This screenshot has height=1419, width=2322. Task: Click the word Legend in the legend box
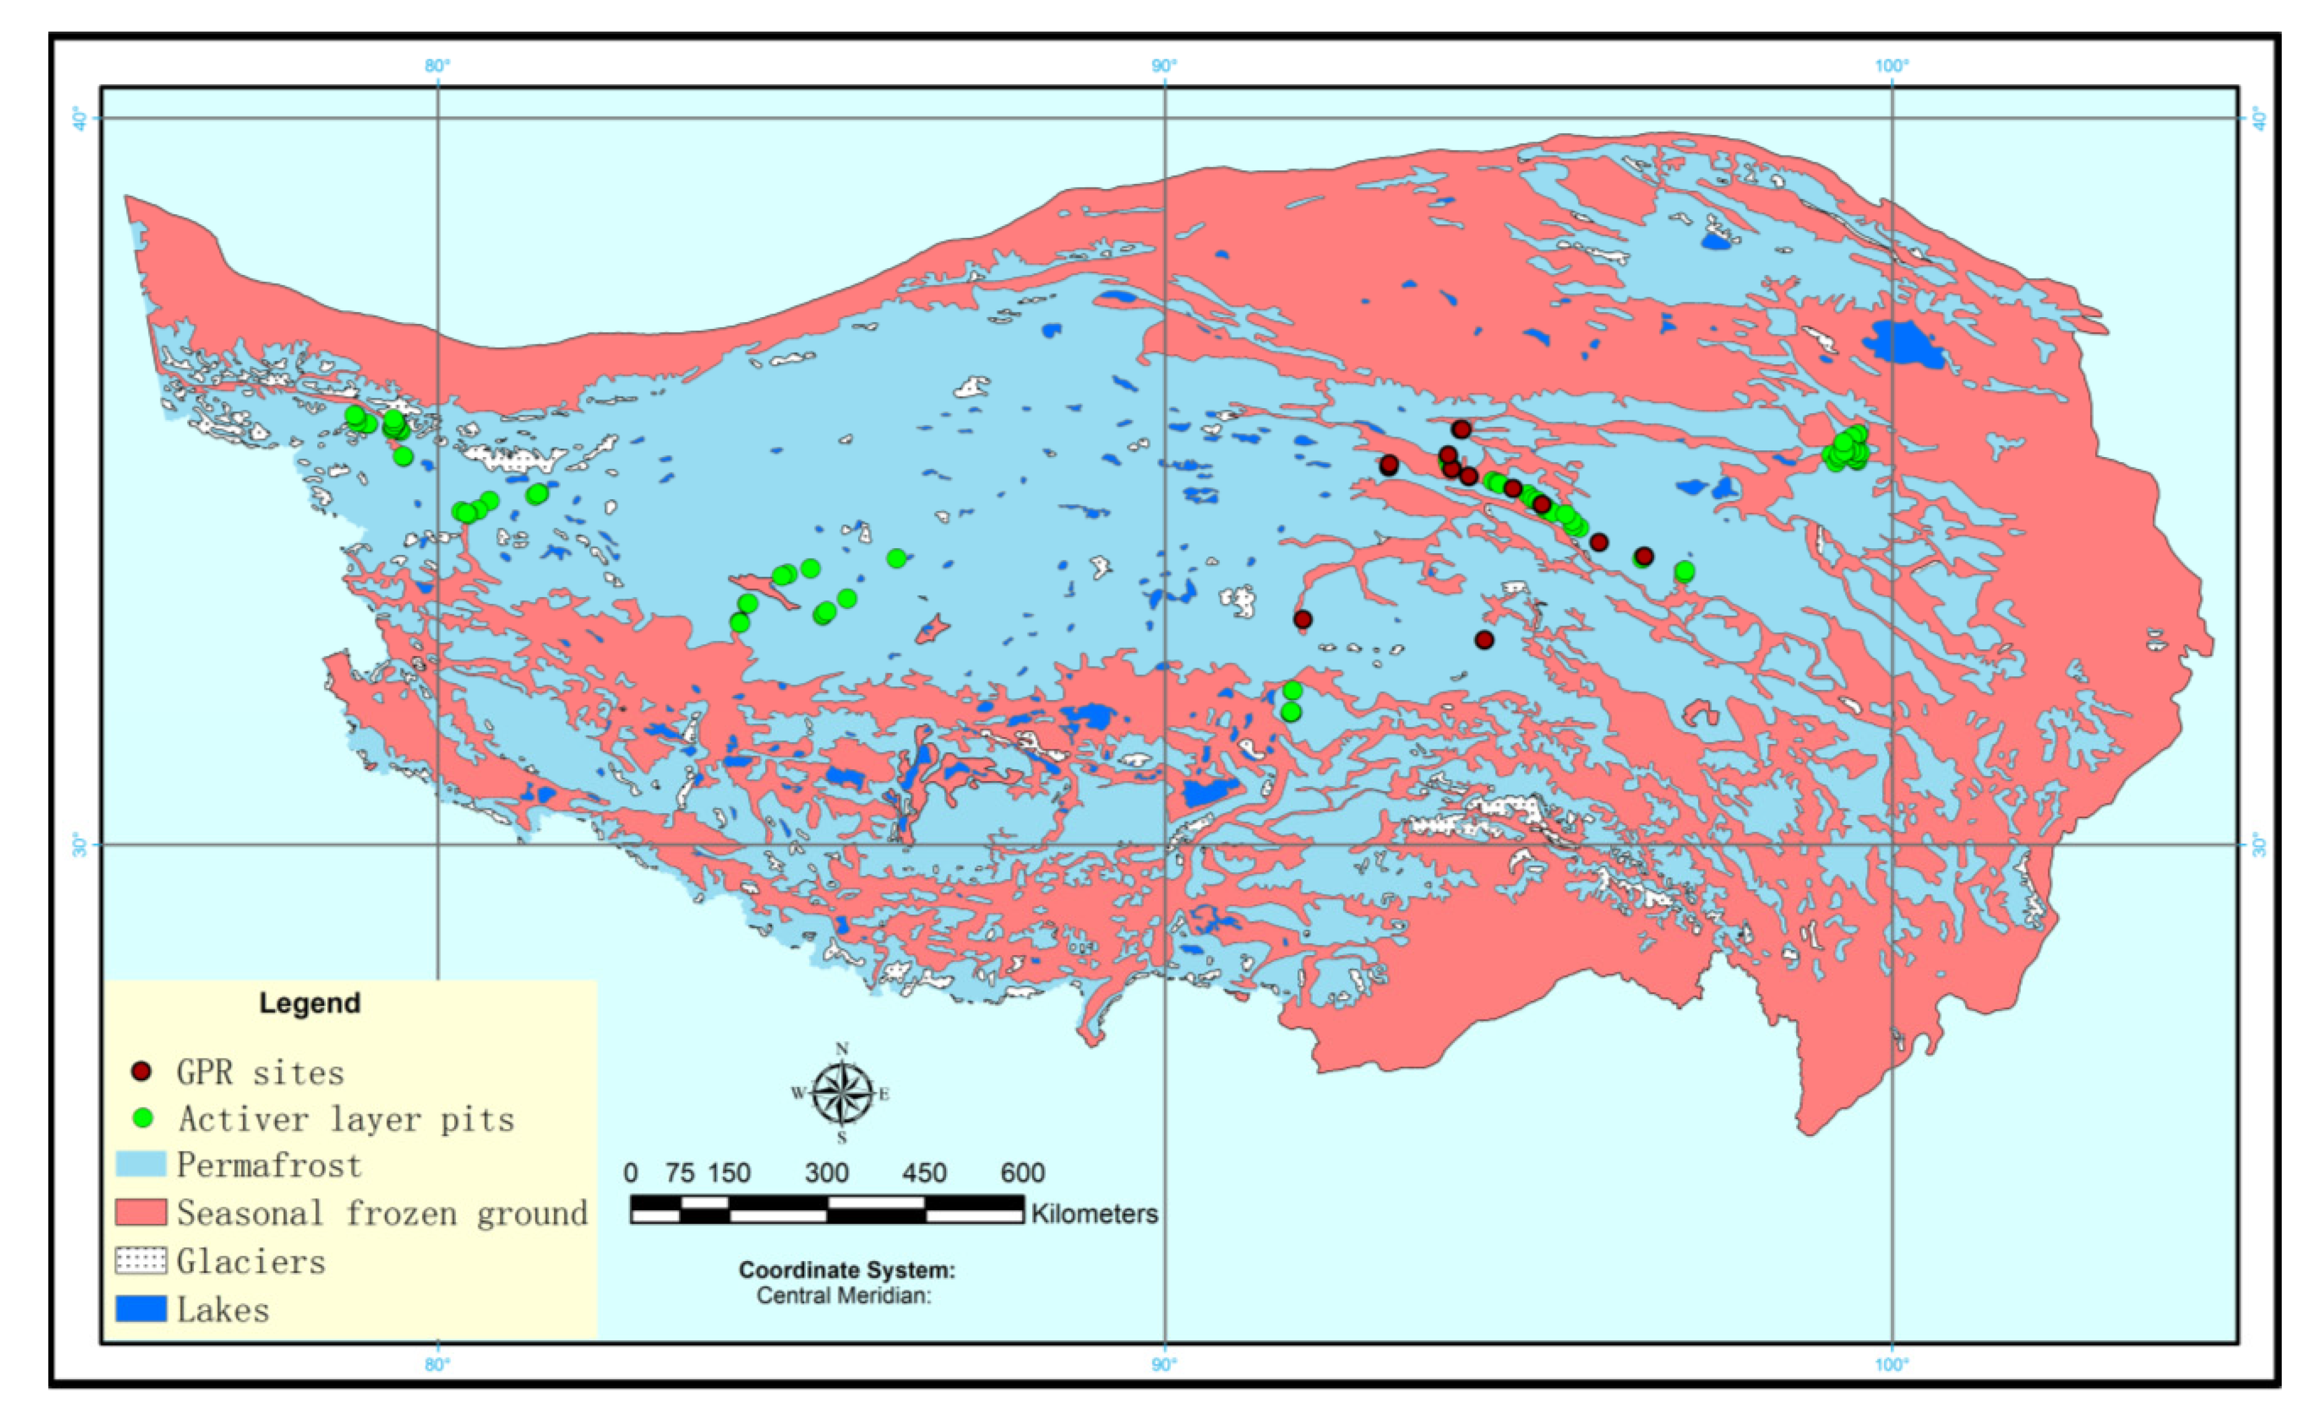pyautogui.click(x=309, y=1003)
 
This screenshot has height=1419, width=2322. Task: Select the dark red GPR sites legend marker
pyautogui.click(x=141, y=1072)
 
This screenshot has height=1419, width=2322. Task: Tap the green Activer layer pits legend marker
pyautogui.click(x=142, y=1119)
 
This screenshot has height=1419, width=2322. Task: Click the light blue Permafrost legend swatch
pyautogui.click(x=141, y=1164)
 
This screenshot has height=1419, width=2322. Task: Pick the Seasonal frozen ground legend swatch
pyautogui.click(x=141, y=1213)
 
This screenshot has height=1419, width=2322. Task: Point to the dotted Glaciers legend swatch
pyautogui.click(x=141, y=1260)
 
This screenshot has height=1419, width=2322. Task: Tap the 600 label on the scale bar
pyautogui.click(x=1022, y=1173)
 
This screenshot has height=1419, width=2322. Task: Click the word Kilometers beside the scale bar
pyautogui.click(x=1094, y=1213)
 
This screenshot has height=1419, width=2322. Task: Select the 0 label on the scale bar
pyautogui.click(x=631, y=1173)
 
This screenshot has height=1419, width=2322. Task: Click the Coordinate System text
pyautogui.click(x=846, y=1270)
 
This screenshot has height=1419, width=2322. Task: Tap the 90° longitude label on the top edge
pyautogui.click(x=1165, y=66)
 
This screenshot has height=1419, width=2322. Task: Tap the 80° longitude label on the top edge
pyautogui.click(x=437, y=66)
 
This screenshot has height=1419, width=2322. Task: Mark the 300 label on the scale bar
pyautogui.click(x=826, y=1173)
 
